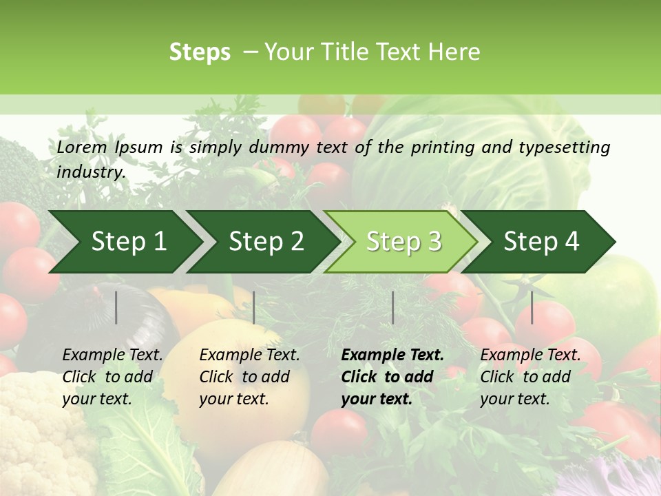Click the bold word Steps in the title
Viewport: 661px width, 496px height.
click(200, 52)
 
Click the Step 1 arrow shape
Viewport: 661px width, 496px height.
click(124, 242)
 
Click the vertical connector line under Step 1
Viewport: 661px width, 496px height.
click(116, 307)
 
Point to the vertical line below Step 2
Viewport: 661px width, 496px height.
click(254, 307)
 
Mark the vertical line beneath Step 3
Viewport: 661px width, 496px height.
click(393, 307)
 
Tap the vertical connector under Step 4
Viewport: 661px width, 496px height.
click(532, 307)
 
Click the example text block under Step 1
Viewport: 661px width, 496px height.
click(112, 377)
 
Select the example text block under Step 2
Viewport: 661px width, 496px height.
click(249, 377)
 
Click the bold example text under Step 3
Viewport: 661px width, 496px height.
click(392, 377)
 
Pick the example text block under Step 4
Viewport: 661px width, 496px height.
click(530, 377)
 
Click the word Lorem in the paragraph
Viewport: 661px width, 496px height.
click(82, 147)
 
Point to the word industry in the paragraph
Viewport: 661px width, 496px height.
click(91, 172)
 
